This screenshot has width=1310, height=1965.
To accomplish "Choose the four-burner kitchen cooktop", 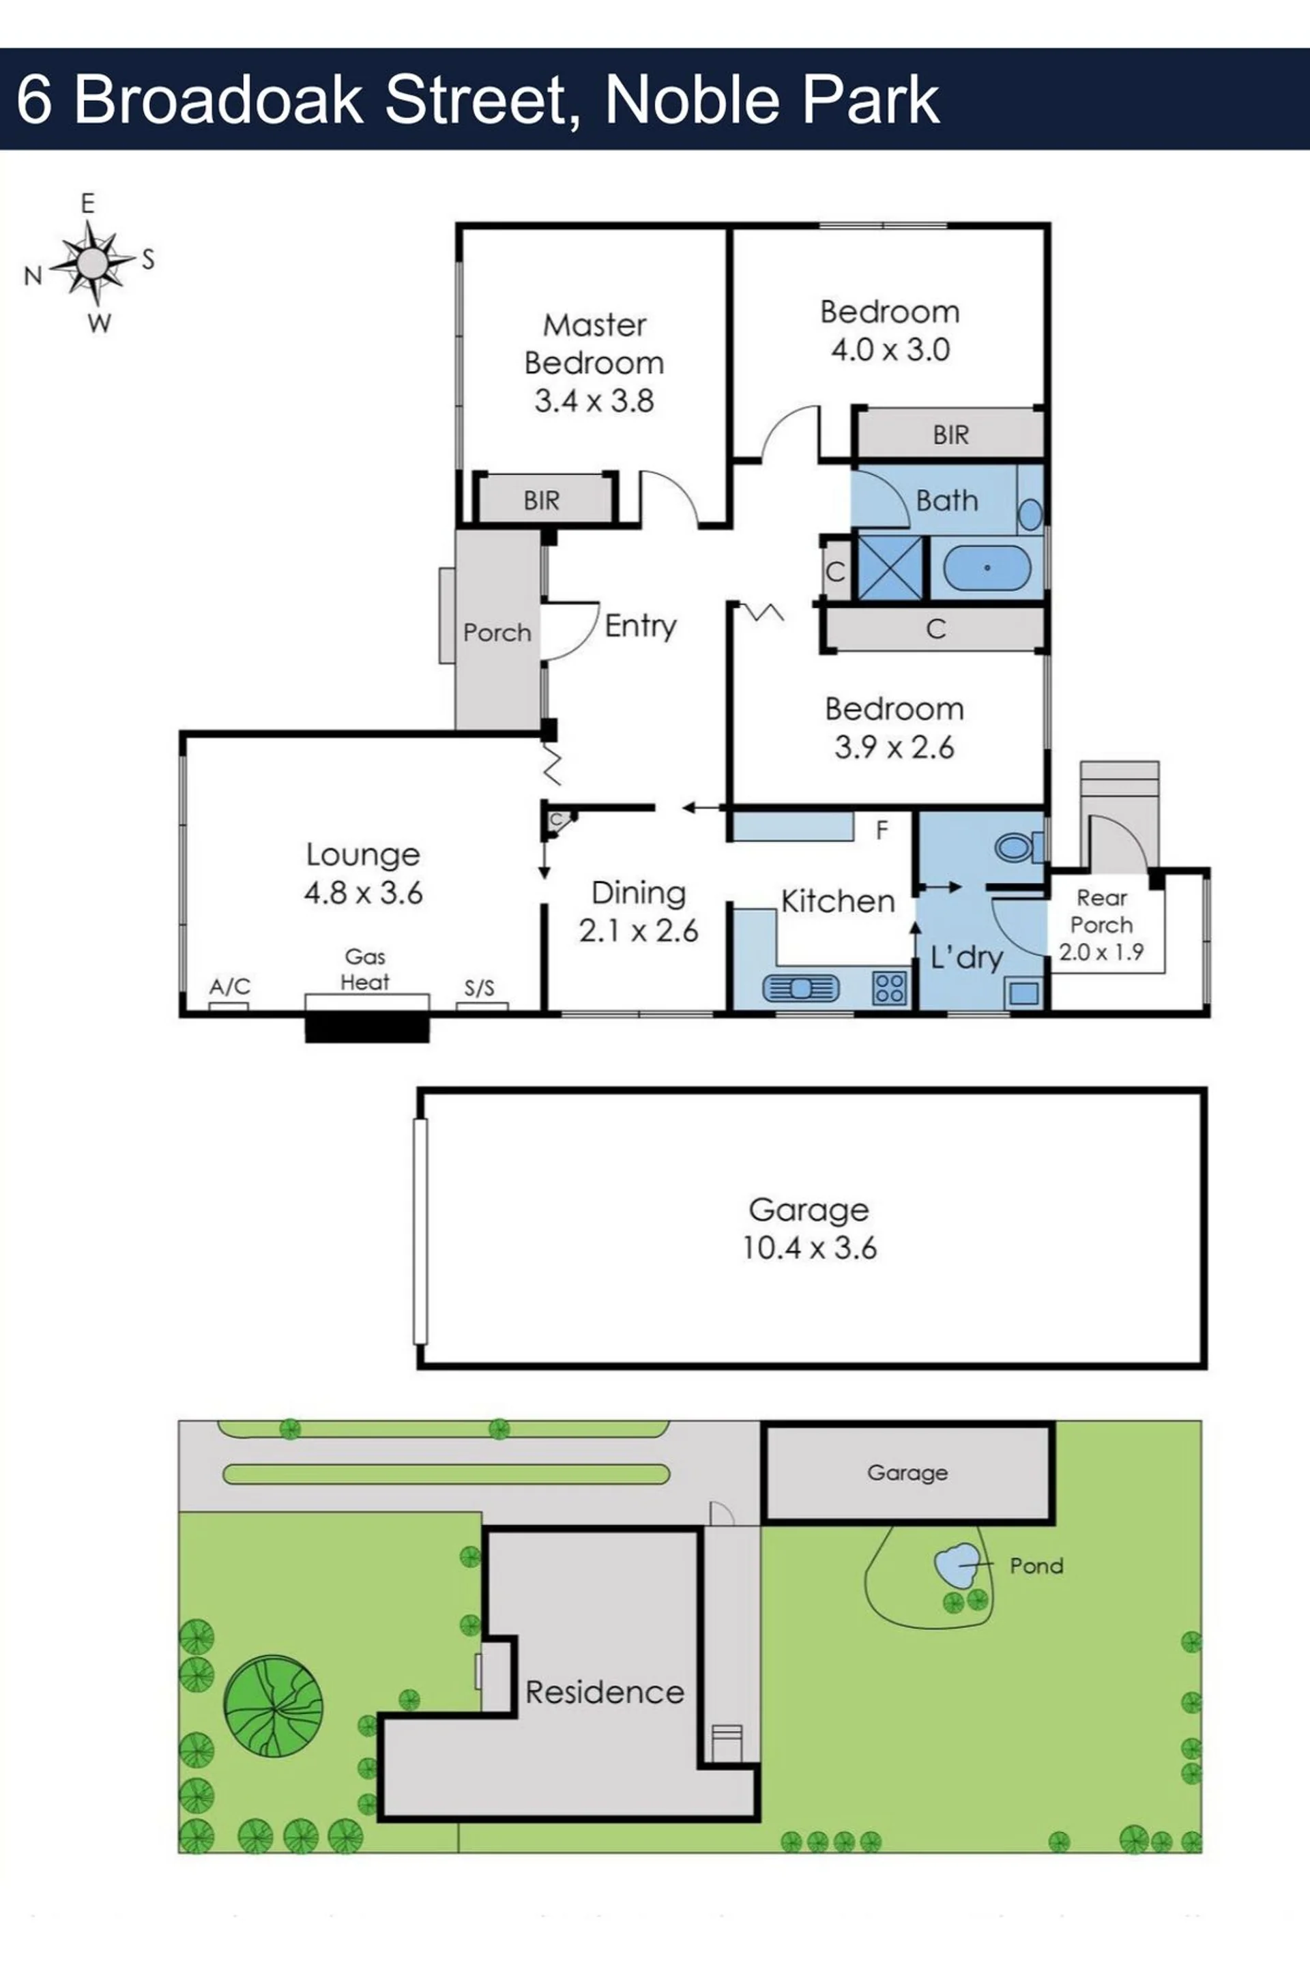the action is coord(890,987).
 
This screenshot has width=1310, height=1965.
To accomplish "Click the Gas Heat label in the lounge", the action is coord(365,969).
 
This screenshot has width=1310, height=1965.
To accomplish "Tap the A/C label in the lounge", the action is coord(230,987).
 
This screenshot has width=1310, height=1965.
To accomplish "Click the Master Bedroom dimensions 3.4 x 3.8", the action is coord(594,401).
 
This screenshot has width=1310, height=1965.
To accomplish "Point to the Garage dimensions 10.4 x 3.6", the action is coord(810,1248).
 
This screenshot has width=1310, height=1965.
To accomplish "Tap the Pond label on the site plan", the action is coord(1036,1566).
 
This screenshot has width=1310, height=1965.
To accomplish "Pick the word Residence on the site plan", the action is coord(605,1693).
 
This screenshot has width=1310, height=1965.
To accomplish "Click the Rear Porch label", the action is coord(1102,912).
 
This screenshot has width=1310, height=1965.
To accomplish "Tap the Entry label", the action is coord(641,626).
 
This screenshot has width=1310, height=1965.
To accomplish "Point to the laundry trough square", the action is coord(1025,993).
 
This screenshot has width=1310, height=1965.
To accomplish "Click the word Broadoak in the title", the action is coord(219,100).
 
